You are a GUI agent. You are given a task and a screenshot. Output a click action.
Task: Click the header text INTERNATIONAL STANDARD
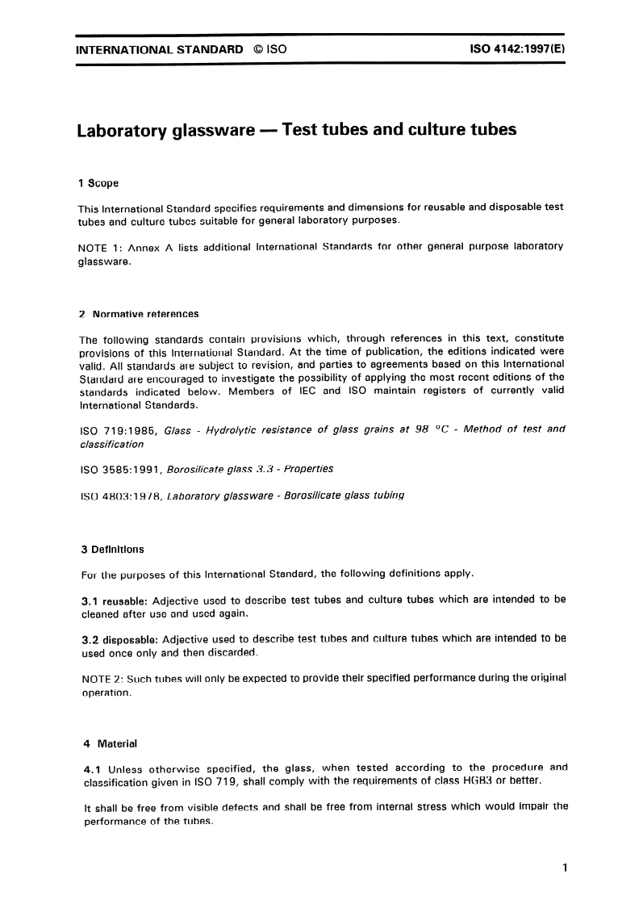click(x=159, y=49)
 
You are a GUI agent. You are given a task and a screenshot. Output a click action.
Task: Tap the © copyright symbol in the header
click(x=257, y=49)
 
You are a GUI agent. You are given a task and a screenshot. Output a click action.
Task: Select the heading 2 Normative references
click(x=138, y=314)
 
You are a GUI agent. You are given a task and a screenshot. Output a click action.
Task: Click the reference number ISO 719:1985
click(x=117, y=430)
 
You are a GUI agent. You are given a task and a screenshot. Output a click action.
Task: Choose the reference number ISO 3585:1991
click(x=120, y=469)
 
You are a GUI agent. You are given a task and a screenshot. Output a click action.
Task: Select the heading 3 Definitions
click(x=112, y=550)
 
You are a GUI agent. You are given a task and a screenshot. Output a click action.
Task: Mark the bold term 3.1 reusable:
click(x=114, y=600)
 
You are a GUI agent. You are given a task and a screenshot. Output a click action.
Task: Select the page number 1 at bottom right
click(x=565, y=868)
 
